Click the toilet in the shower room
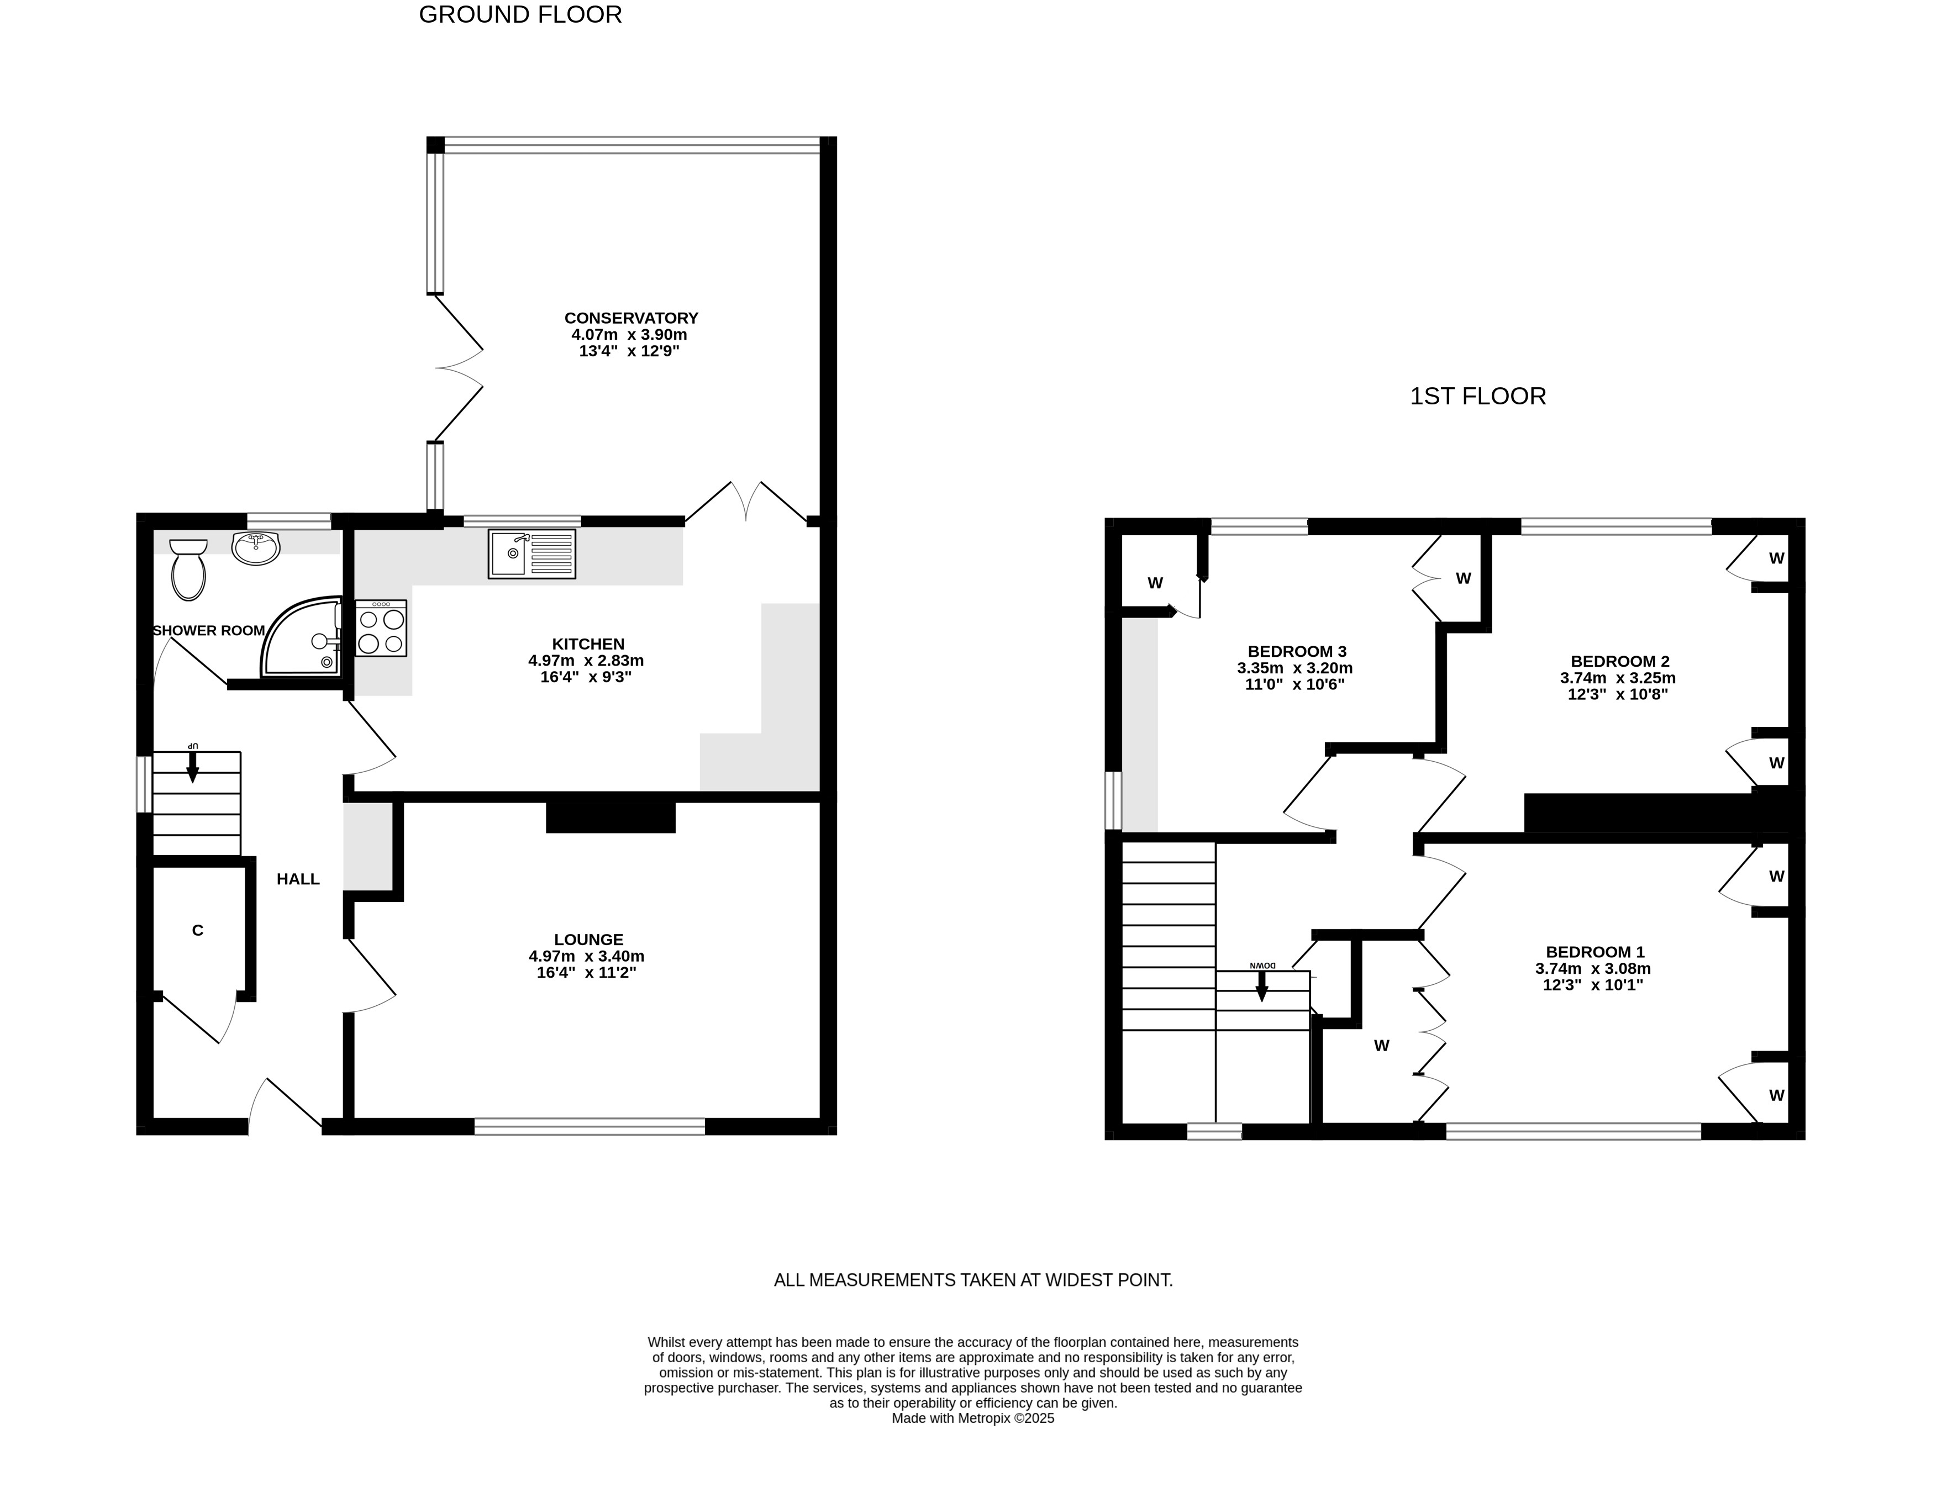point(188,569)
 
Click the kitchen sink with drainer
point(531,554)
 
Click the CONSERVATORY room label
point(631,318)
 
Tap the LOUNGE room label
point(588,940)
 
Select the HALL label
point(298,879)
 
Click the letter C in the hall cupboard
point(197,931)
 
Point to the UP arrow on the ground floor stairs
point(192,766)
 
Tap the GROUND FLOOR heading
point(520,15)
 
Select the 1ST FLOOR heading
point(1478,397)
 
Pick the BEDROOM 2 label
point(1620,661)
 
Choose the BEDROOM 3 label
point(1297,652)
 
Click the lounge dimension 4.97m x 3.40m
point(587,957)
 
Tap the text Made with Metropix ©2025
point(973,1419)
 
